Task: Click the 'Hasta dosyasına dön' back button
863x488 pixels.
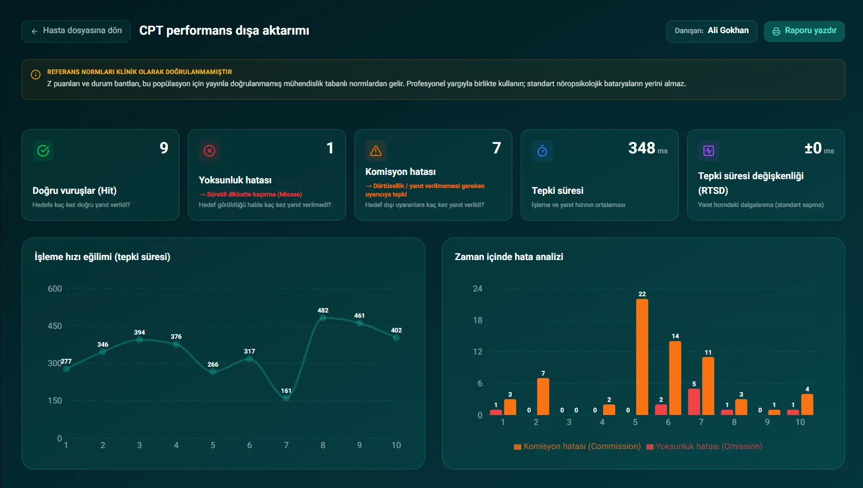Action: [x=76, y=31]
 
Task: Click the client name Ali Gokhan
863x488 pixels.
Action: [x=728, y=30]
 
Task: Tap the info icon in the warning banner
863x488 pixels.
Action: [x=36, y=75]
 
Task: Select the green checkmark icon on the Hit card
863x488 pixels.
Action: [x=43, y=150]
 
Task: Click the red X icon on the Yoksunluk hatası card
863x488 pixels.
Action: [x=209, y=150]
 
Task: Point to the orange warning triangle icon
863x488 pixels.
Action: [x=376, y=150]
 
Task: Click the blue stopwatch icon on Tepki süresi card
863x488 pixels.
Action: [x=542, y=150]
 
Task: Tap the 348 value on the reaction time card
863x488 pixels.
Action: [x=641, y=148]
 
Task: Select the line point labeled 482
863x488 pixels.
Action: [x=323, y=318]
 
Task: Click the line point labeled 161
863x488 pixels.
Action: [x=286, y=398]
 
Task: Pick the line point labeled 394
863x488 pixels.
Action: [x=140, y=340]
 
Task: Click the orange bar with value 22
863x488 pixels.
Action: [x=642, y=357]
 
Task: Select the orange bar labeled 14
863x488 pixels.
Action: [x=675, y=378]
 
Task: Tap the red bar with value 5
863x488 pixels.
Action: [x=694, y=402]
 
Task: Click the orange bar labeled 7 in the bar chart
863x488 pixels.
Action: [x=543, y=397]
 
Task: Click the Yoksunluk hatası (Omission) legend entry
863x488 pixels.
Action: [x=704, y=447]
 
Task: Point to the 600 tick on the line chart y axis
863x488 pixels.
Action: [x=55, y=289]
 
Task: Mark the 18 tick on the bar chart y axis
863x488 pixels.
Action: [x=477, y=320]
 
